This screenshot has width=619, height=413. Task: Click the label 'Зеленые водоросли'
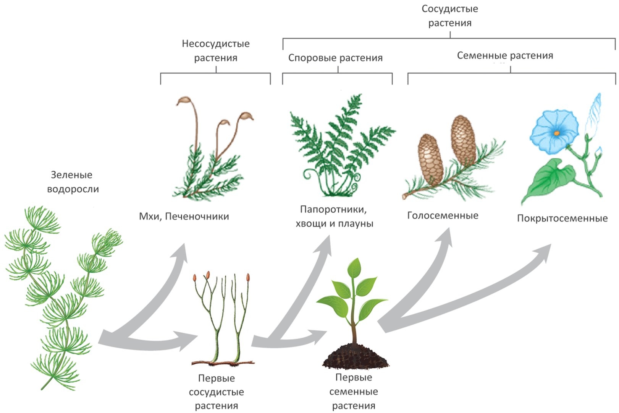coord(73,182)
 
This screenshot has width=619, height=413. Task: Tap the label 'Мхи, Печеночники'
coord(184,216)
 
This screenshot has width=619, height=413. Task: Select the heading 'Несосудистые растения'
coord(215,50)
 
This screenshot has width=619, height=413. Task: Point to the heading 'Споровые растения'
coord(335,58)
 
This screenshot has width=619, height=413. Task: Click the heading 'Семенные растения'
coord(505,55)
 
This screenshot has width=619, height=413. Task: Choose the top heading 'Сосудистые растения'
coord(449,16)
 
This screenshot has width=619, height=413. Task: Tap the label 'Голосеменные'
coord(443,215)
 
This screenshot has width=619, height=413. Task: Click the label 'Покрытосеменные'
coord(562,218)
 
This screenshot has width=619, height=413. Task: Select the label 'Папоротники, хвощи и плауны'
coord(334,216)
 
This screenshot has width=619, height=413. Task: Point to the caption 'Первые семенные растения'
coord(354,391)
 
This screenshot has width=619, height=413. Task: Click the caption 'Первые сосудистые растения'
coord(216,392)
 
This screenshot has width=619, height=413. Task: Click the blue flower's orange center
coord(556,133)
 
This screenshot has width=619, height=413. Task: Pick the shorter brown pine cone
coord(431,159)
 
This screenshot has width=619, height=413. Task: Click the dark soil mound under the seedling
coord(355,357)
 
